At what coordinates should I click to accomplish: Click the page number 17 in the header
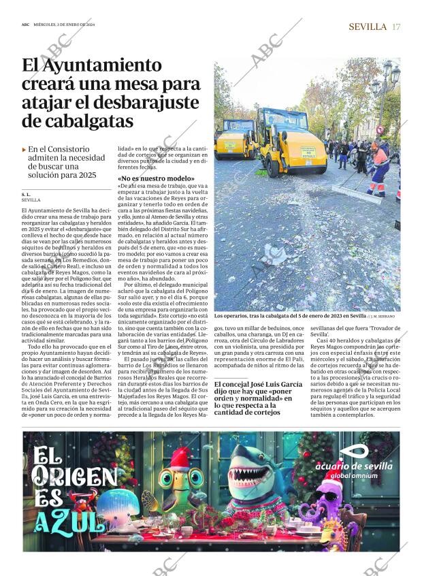pyautogui.click(x=396, y=27)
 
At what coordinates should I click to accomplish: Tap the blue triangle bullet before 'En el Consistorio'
pyautogui.click(x=25, y=148)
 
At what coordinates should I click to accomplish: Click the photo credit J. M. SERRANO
pyautogui.click(x=385, y=317)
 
